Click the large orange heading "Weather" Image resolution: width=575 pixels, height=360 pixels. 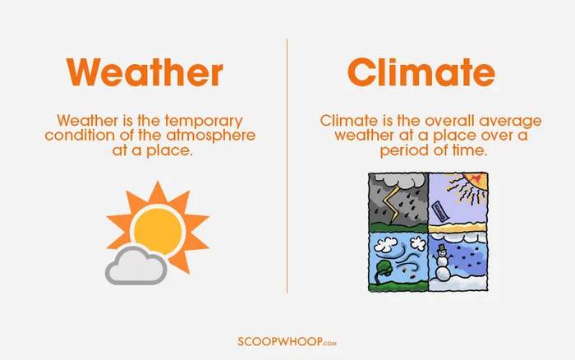[145, 72]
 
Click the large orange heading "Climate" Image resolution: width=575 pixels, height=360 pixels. [421, 72]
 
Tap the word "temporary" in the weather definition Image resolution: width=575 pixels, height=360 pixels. [204, 122]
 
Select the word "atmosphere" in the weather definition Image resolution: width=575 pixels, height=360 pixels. [211, 136]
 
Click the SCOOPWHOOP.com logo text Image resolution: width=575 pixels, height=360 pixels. [287, 342]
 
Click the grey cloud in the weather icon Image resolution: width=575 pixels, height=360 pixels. [136, 266]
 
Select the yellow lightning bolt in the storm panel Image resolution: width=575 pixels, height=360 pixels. [390, 204]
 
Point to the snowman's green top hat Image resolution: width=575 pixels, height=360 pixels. [442, 247]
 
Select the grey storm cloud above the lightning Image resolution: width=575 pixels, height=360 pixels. [398, 181]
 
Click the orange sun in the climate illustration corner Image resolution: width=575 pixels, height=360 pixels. [476, 182]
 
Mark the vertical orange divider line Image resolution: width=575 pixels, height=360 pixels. [287, 165]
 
